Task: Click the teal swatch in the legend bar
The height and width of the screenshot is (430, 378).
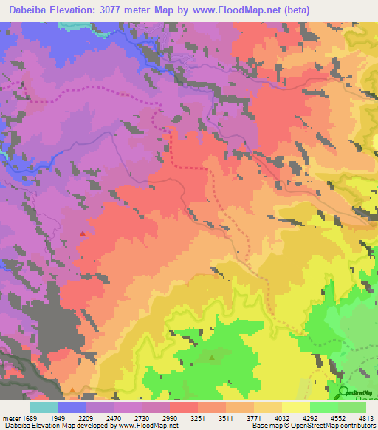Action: [44, 407]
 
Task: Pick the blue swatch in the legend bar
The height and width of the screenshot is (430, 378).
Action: [72, 407]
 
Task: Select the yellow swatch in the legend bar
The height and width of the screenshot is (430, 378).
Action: [296, 407]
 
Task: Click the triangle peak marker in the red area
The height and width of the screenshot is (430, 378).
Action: [82, 233]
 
